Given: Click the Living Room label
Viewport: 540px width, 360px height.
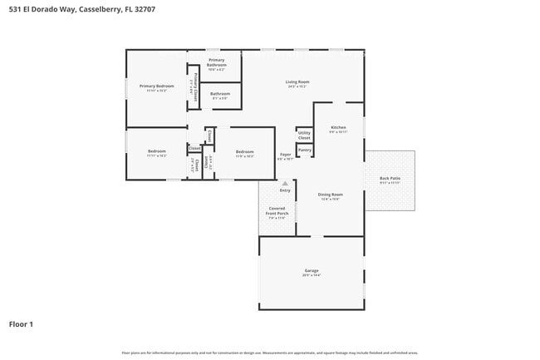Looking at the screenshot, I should point(297,81).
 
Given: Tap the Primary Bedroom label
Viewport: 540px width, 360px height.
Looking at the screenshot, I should point(156,86).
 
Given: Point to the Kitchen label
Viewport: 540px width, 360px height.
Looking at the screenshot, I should point(338,126).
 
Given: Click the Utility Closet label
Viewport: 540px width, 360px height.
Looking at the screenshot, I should point(304,135).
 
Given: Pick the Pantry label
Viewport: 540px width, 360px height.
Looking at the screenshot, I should point(304,150).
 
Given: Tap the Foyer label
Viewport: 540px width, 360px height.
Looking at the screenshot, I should point(285,155).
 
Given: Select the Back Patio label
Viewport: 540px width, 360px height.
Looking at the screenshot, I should point(390,179).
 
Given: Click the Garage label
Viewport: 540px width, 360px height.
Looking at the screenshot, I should point(312,270).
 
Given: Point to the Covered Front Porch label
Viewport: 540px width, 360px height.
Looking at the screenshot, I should point(277,211).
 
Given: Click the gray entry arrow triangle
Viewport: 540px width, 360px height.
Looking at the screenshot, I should point(285,183).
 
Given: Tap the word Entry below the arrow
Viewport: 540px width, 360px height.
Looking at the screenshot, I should point(285,190).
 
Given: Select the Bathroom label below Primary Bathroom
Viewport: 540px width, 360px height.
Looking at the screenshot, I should point(220,94).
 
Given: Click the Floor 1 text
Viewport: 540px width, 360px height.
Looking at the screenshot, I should point(21,323).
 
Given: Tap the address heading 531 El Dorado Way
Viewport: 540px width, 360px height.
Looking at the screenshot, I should point(81,9).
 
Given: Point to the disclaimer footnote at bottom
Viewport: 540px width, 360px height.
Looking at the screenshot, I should point(269,353).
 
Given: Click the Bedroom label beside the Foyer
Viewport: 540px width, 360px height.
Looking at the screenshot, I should point(244,151).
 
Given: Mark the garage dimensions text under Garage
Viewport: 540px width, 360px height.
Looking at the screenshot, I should point(312,275).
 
